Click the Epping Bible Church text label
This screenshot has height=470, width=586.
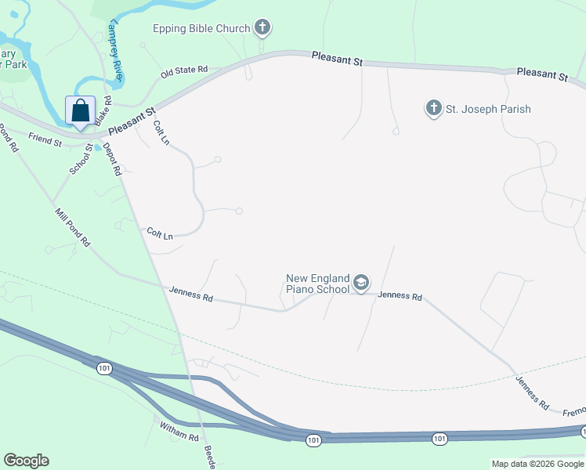pyautogui.click(x=201, y=29)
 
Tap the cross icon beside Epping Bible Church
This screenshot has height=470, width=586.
pyautogui.click(x=262, y=29)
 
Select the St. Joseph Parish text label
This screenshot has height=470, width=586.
pyautogui.click(x=488, y=109)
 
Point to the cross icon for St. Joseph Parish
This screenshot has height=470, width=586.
pyautogui.click(x=434, y=108)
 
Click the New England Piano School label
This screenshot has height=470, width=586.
pyautogui.click(x=317, y=284)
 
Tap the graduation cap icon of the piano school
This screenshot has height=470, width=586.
pyautogui.click(x=360, y=284)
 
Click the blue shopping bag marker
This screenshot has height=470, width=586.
pyautogui.click(x=81, y=111)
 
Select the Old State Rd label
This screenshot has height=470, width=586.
pyautogui.click(x=184, y=71)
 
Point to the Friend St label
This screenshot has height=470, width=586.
pyautogui.click(x=45, y=140)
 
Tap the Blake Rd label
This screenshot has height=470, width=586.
pyautogui.click(x=103, y=112)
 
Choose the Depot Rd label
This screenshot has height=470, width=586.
pyautogui.click(x=112, y=159)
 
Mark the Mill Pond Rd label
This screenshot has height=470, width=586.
pyautogui.click(x=72, y=228)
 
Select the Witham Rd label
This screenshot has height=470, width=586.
pyautogui.click(x=181, y=429)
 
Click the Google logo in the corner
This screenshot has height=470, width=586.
pyautogui.click(x=26, y=461)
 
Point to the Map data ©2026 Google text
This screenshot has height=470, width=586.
pyautogui.click(x=537, y=464)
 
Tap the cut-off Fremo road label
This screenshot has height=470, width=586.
pyautogui.click(x=573, y=411)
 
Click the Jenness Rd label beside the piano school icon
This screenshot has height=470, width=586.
pyautogui.click(x=400, y=296)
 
